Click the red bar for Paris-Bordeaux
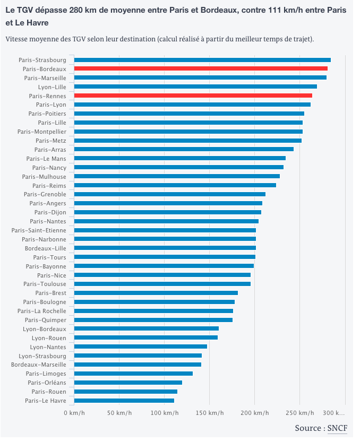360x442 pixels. coord(201,69)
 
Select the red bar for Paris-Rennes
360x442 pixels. coord(193,96)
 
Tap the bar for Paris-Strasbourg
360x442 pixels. coord(202,60)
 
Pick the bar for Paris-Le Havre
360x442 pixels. coord(124,401)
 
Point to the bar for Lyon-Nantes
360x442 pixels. coord(141,347)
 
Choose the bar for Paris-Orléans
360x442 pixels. coord(128,383)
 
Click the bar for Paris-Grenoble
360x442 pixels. coord(170,194)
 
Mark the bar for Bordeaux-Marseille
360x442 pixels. coord(138,365)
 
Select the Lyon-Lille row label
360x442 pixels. coord(52,87)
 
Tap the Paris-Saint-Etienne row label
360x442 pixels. coord(39,230)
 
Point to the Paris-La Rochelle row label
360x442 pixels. coord(42,311)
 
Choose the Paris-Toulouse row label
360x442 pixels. coord(45,284)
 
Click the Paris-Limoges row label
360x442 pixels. coord(46,374)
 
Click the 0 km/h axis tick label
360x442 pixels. coord(74,413)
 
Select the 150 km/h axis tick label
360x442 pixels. coord(210,413)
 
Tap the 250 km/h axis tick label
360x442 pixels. coord(300,413)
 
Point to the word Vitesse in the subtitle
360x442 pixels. coord(18,39)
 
